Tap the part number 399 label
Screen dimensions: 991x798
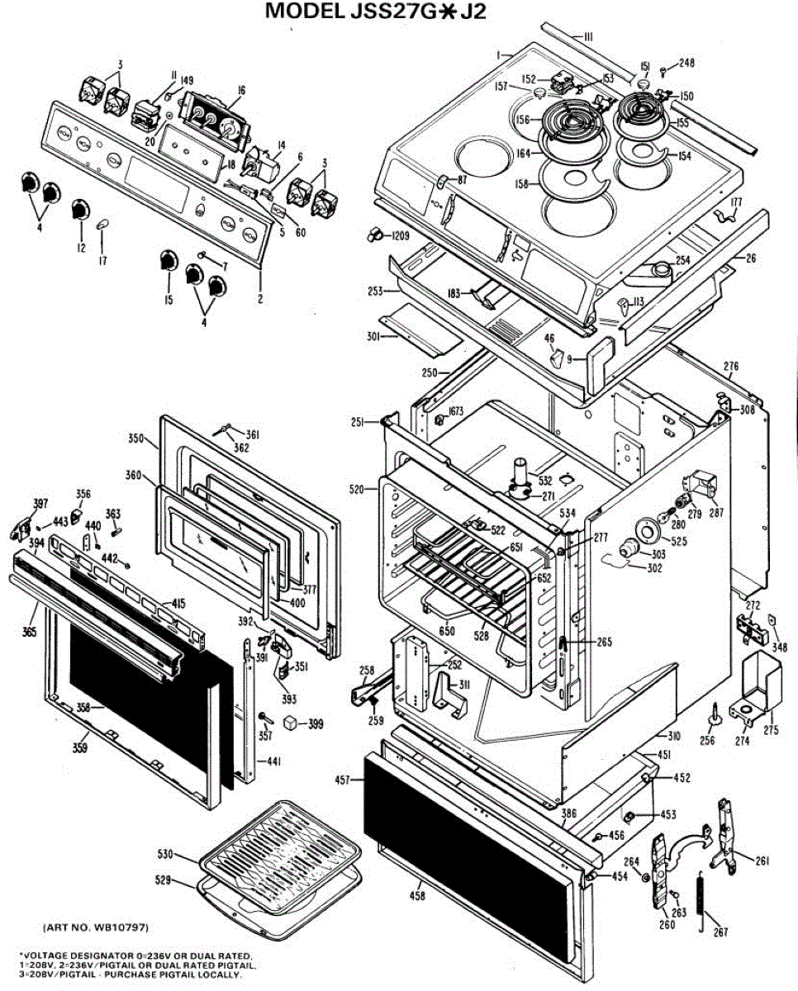pyautogui.click(x=315, y=725)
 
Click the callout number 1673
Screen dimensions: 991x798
pyautogui.click(x=456, y=412)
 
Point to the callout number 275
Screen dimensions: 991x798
pyautogui.click(x=770, y=730)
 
